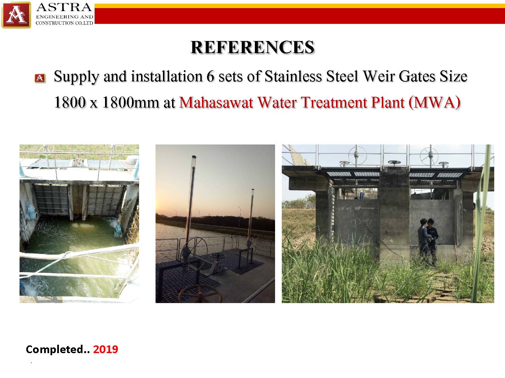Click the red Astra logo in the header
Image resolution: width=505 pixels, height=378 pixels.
[x=16, y=15]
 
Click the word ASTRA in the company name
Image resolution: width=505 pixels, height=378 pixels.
[x=64, y=7]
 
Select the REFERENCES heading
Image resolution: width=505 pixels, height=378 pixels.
[x=252, y=47]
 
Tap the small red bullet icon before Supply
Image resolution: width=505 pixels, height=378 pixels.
[x=40, y=78]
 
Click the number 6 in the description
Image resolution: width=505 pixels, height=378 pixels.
[x=210, y=76]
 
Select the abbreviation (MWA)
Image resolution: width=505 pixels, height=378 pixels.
[x=434, y=102]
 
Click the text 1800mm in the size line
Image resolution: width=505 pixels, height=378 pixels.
[x=130, y=102]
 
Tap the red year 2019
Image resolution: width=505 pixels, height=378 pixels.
[x=106, y=349]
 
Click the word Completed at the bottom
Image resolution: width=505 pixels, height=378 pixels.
[x=55, y=349]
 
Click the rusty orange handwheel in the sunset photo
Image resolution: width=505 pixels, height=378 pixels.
[x=200, y=294]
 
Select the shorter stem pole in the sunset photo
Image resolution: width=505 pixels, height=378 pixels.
[x=251, y=216]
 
